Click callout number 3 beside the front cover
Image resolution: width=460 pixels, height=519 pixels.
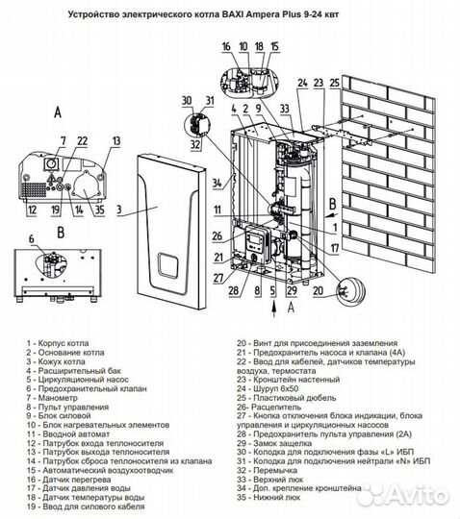tap(119, 207)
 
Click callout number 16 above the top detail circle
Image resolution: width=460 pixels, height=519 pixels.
tap(225, 45)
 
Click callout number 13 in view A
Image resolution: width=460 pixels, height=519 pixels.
tap(116, 141)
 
